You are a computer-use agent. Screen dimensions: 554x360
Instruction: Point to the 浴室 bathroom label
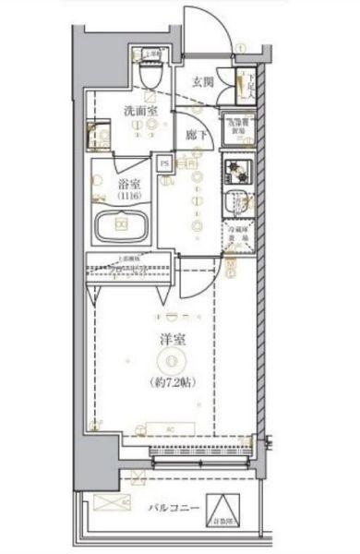[x=127, y=183]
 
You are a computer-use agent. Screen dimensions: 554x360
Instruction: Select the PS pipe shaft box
[x=164, y=165]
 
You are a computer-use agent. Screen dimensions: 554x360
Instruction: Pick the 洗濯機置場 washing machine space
[x=235, y=127]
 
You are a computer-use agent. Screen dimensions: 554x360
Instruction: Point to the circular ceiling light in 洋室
[x=171, y=360]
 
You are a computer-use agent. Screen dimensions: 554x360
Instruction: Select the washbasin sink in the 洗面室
[x=99, y=136]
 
